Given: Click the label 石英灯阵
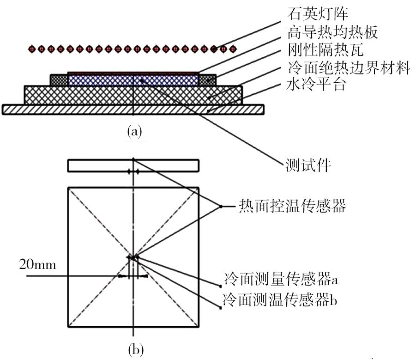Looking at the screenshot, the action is click(318, 13).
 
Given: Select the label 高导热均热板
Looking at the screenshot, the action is click(332, 32).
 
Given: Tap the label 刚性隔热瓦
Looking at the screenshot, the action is click(325, 49).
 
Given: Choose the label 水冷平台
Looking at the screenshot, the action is click(316, 85).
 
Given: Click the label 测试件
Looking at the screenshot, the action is click(308, 165).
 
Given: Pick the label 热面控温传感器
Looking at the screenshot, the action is click(292, 206).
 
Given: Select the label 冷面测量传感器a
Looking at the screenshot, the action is click(280, 279).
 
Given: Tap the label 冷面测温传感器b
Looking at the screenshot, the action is click(280, 299).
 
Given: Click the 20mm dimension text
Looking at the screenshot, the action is click(38, 265).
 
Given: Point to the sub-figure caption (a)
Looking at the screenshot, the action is click(134, 131).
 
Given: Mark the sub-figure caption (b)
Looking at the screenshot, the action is click(136, 350).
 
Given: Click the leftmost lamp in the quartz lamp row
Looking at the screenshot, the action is click(32, 49).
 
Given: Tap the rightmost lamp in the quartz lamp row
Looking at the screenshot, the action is click(233, 49).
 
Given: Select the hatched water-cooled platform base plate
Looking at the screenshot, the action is click(133, 110).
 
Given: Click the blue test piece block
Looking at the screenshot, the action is click(133, 80).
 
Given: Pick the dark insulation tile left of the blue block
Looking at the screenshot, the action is click(59, 80).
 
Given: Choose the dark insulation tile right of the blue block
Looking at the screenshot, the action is click(207, 80).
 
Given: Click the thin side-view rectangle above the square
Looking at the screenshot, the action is click(133, 165).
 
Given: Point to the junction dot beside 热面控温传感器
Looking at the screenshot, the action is click(220, 206).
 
